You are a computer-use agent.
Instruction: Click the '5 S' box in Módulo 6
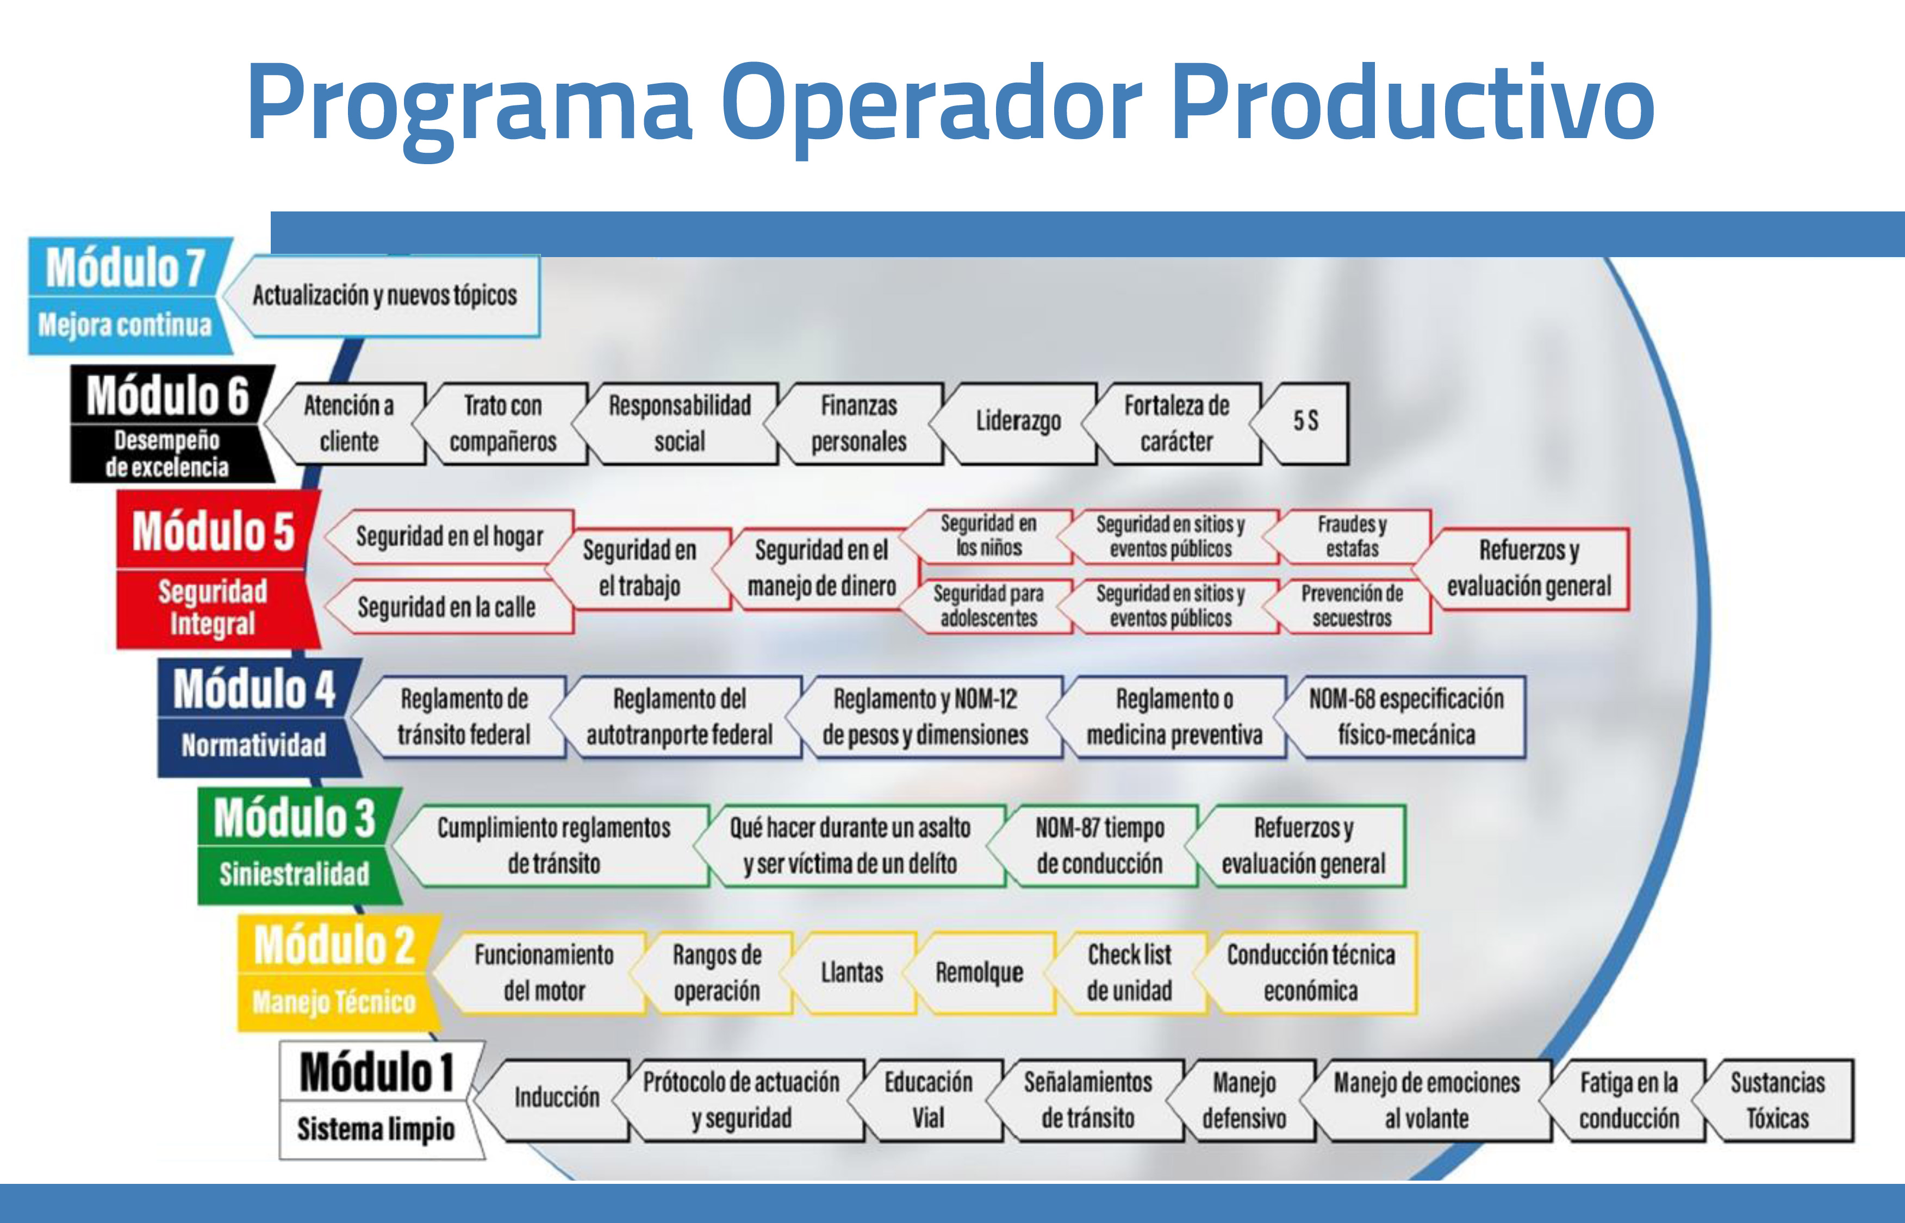1305,421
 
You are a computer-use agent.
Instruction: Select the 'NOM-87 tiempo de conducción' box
1099,846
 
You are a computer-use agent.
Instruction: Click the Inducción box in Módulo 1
556,1099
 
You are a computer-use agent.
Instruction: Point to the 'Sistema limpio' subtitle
376,1130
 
